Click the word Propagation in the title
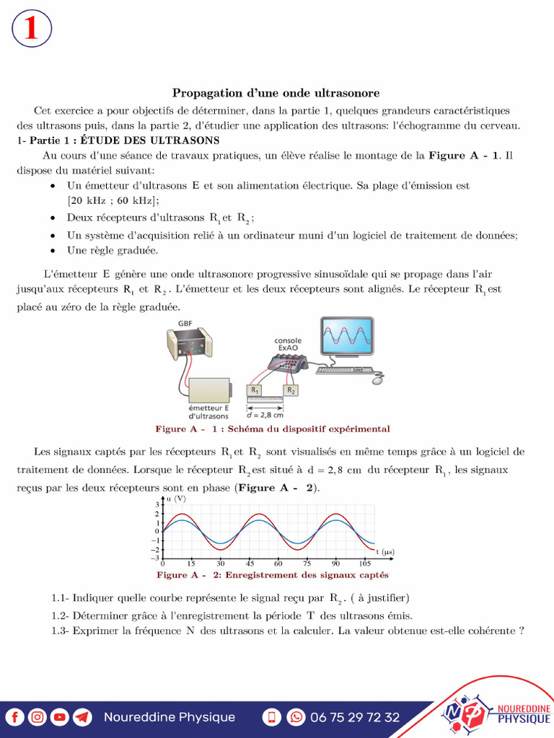click(204, 93)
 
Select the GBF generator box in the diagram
click(190, 344)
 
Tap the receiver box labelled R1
click(254, 390)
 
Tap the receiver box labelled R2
click(290, 390)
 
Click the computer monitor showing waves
click(347, 337)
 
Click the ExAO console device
click(288, 363)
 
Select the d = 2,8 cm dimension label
click(265, 414)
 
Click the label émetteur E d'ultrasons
click(208, 412)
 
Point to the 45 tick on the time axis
click(250, 564)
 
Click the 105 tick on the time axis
click(364, 564)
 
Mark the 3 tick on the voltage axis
click(156, 504)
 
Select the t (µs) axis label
click(384, 552)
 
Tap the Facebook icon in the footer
click(15, 717)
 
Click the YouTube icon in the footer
click(60, 717)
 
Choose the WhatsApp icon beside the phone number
click(296, 717)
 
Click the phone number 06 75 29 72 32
click(354, 717)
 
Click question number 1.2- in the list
click(61, 615)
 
